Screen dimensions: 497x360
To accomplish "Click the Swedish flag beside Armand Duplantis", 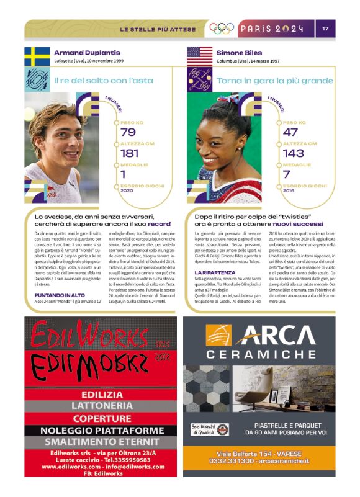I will click(x=37, y=56).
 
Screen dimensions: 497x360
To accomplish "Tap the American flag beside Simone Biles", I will click(x=199, y=56).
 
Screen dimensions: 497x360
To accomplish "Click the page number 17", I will click(x=326, y=29).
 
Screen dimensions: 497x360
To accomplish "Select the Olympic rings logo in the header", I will click(x=222, y=29).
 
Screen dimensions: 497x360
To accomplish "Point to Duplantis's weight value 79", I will click(x=128, y=132).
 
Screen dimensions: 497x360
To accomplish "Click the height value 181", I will click(x=130, y=153).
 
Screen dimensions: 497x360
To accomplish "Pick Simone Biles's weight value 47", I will click(x=290, y=132).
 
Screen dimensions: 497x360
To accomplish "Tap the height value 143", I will click(x=293, y=153).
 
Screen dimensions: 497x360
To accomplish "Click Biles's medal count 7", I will click(x=287, y=174).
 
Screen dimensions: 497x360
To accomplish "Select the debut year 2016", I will click(x=289, y=190).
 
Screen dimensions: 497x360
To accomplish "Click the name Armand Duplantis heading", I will click(x=87, y=53).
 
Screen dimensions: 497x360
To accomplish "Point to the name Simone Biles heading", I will click(x=241, y=53).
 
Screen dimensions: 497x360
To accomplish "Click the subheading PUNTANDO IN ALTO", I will click(x=60, y=295).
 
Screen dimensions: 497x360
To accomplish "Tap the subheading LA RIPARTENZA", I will click(x=214, y=272).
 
